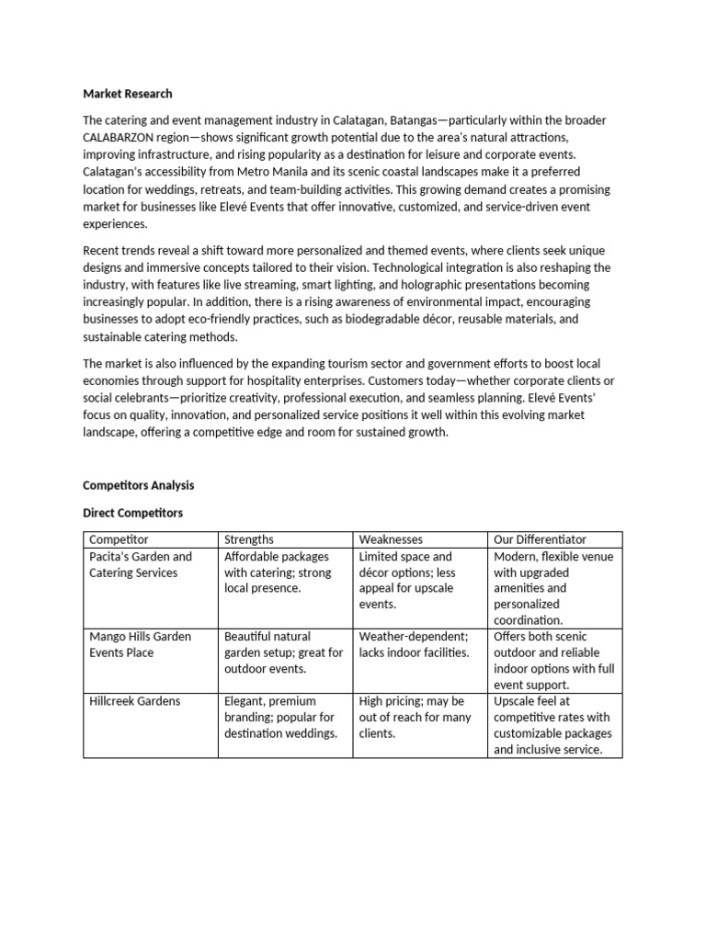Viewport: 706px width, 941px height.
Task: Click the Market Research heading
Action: point(127,94)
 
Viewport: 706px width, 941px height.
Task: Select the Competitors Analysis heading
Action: point(138,484)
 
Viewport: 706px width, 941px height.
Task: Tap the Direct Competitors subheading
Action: point(132,512)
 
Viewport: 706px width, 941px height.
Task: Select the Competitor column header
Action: point(119,539)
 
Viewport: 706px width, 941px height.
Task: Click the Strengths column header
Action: point(249,539)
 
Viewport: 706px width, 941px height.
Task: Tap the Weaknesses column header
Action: point(391,539)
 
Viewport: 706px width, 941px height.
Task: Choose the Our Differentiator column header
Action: point(540,539)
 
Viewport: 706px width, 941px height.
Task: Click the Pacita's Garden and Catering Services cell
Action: point(141,564)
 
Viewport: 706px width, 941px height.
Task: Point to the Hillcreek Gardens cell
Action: point(135,701)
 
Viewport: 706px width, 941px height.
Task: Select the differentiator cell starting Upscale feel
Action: point(552,725)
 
